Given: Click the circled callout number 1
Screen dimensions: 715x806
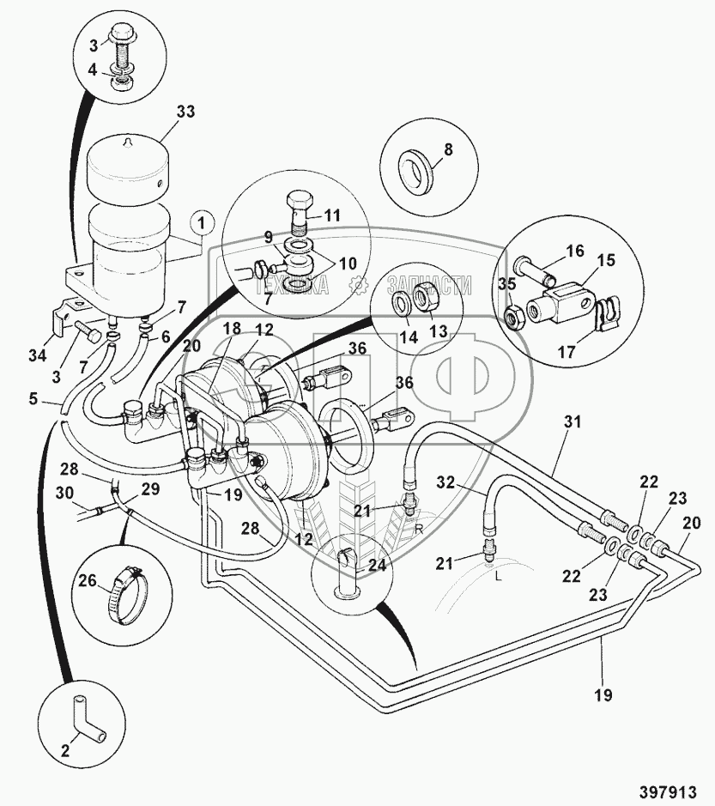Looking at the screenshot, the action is [x=201, y=224].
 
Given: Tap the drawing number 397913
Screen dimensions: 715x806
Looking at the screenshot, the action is [x=669, y=790].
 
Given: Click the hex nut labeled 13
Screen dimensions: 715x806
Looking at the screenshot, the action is [x=426, y=297].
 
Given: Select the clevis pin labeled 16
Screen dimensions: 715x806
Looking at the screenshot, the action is [x=535, y=270].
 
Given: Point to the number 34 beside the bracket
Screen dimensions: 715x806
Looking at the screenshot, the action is [x=38, y=355].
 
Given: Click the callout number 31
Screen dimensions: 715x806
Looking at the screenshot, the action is [x=572, y=421].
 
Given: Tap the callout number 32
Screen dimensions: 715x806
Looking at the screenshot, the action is [x=446, y=482].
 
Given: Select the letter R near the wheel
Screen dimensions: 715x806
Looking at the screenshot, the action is [x=420, y=529].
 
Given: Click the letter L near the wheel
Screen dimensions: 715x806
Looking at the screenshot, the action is [x=498, y=576].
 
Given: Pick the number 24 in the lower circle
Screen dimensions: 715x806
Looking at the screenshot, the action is [x=378, y=565].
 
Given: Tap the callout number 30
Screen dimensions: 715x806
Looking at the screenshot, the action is [x=64, y=493].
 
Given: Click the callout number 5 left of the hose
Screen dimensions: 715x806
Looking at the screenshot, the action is [x=33, y=398].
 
